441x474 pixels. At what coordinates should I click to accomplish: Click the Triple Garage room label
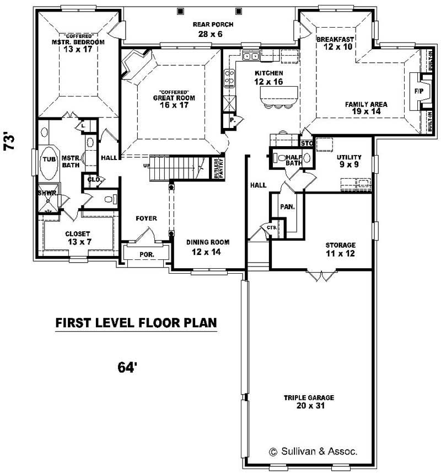(309, 402)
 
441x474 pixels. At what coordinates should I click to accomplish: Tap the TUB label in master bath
(48, 159)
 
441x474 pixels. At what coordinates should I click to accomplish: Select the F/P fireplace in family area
(418, 91)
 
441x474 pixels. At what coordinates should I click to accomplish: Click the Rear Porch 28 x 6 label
(213, 29)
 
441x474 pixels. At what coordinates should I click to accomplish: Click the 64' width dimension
(127, 368)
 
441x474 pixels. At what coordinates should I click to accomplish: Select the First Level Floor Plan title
(136, 323)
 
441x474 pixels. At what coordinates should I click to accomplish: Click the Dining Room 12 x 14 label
(207, 247)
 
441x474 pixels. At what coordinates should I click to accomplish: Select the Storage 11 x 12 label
(340, 249)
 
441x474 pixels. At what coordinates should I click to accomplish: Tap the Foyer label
(147, 219)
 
